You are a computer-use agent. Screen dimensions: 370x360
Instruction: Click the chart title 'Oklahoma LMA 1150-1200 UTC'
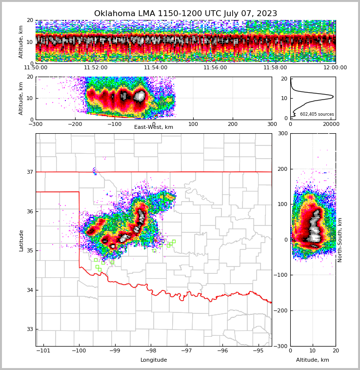(x=185, y=14)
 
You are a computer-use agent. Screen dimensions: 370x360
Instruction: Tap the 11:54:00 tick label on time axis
(x=156, y=68)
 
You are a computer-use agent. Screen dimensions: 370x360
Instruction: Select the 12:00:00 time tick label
(x=335, y=68)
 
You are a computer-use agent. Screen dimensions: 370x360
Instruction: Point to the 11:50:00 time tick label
(x=36, y=68)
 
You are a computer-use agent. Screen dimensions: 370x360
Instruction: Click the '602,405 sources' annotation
(x=317, y=114)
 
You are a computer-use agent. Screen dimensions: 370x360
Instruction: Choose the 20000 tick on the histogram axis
(x=331, y=124)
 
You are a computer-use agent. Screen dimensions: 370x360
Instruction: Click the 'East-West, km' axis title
(x=154, y=127)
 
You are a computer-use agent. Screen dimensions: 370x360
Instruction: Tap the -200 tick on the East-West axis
(x=75, y=124)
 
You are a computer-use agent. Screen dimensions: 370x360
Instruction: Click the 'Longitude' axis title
(x=154, y=360)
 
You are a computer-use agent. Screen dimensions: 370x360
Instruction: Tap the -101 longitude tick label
(x=43, y=351)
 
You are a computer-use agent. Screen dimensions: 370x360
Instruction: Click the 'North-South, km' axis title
(x=340, y=240)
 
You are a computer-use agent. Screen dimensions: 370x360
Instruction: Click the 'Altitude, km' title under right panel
(x=313, y=360)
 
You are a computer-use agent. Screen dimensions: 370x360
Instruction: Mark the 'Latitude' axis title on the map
(x=21, y=240)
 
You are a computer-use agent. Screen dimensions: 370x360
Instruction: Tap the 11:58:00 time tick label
(x=275, y=68)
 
